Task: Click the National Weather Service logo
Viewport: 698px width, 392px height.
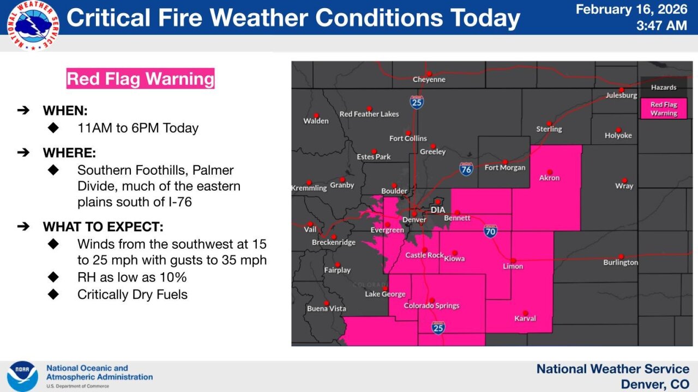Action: (33, 25)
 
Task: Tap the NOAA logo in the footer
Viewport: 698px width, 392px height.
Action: (22, 376)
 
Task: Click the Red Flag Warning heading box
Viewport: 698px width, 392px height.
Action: (141, 78)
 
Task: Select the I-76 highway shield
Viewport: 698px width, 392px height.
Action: (466, 169)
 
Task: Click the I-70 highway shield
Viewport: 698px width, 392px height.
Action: (490, 231)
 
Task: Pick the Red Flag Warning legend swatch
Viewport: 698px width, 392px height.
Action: (664, 109)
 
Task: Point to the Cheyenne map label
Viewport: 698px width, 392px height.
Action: (429, 79)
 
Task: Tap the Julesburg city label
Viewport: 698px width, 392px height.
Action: (621, 95)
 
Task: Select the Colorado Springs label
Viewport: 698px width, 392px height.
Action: (431, 306)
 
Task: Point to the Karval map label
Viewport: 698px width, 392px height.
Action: (525, 318)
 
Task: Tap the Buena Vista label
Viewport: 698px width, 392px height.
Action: (326, 309)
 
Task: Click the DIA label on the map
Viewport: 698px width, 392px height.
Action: (438, 210)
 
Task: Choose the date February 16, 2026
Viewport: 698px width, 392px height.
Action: (631, 9)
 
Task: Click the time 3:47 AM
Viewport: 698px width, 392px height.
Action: (661, 25)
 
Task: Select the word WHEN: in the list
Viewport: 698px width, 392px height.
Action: (65, 111)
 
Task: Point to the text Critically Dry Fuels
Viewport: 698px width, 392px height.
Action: (133, 295)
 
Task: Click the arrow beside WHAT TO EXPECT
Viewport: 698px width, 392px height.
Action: (23, 226)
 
